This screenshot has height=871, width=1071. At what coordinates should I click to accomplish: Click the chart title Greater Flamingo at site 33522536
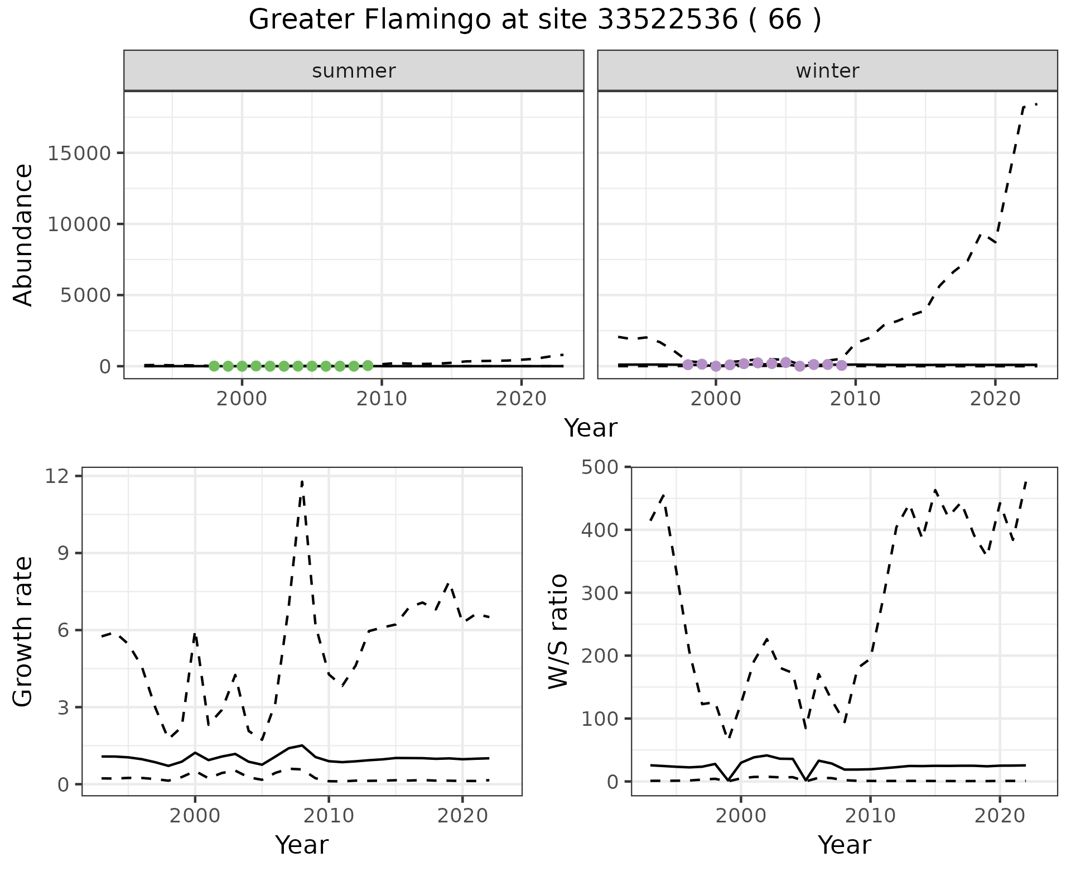tap(534, 20)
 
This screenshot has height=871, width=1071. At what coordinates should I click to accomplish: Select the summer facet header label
tap(354, 71)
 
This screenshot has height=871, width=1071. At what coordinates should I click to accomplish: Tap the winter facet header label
tap(827, 71)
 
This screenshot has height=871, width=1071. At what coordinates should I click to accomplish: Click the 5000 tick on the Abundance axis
tap(85, 295)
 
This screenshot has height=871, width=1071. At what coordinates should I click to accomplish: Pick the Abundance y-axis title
tap(23, 235)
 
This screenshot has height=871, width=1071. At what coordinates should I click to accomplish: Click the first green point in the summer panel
tap(214, 366)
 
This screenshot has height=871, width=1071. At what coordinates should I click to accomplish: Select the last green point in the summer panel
tap(368, 366)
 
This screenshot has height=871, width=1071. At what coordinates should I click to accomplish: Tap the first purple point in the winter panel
tap(688, 365)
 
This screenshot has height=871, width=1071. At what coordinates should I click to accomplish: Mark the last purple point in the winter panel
tap(842, 366)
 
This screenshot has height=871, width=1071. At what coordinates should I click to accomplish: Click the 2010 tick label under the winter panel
tap(855, 399)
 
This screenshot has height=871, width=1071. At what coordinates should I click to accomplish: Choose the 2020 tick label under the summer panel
tap(521, 399)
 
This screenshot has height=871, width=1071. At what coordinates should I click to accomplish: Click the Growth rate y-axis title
tap(23, 632)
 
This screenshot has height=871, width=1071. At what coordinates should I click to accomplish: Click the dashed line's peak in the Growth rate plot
tap(302, 480)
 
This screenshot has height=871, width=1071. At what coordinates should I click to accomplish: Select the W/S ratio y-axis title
tap(558, 631)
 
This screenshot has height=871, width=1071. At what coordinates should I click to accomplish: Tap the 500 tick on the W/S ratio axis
tap(600, 467)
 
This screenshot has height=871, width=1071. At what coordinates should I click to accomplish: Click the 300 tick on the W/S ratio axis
tap(600, 592)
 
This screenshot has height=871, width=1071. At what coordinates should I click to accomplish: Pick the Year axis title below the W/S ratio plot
tap(844, 845)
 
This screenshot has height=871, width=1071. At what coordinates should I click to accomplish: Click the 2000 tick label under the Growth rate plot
tap(195, 816)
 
